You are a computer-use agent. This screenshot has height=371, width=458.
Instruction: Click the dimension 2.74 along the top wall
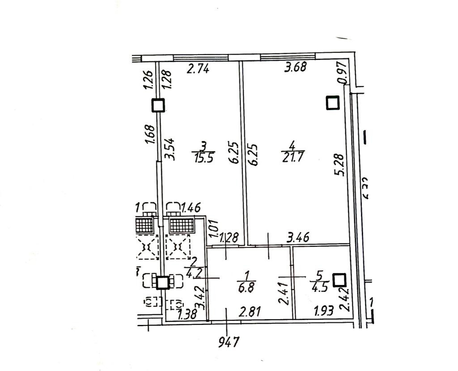[198, 69]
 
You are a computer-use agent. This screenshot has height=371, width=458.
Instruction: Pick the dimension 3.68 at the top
[296, 68]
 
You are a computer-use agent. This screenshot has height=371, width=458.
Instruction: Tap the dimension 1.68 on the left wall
[150, 134]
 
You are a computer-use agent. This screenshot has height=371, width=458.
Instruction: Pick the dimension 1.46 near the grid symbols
[191, 207]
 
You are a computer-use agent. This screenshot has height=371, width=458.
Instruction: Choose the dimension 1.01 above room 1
[214, 228]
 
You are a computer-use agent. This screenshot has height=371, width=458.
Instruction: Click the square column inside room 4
[332, 103]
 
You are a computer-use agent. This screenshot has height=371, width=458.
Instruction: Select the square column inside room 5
[340, 280]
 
